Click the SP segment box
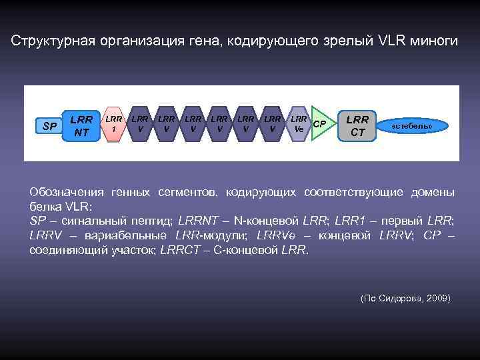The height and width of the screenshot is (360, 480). (49, 126)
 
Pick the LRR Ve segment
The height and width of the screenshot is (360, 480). (299, 124)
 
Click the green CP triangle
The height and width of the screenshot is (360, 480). (320, 124)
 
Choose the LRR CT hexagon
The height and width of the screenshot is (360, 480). (357, 125)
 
